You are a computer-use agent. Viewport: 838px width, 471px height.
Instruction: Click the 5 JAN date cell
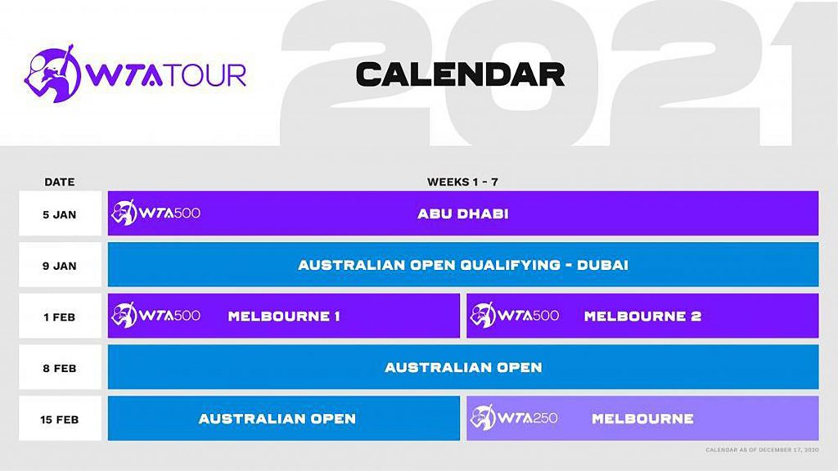coord(60,213)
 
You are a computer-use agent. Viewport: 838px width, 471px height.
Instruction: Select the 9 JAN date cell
coord(60,265)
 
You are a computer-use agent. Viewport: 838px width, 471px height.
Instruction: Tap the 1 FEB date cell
coord(60,316)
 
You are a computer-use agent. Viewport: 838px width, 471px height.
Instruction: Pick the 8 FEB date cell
coord(60,367)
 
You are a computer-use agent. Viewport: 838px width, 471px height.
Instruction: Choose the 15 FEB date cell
coord(60,419)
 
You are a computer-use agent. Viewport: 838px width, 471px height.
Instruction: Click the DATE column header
coord(59,182)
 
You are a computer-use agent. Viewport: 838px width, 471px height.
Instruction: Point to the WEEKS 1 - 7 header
coord(463,182)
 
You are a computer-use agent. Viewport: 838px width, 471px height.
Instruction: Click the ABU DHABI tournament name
coord(463,214)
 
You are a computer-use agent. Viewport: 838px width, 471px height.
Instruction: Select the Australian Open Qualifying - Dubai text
coord(463,266)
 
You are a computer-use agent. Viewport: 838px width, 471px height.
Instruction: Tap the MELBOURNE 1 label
coord(284,316)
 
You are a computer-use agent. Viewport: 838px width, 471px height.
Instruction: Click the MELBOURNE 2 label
coord(642,316)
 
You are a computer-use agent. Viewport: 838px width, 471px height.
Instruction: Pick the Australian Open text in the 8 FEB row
coord(463,368)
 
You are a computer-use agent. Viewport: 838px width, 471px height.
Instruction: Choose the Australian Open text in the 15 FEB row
coord(277,419)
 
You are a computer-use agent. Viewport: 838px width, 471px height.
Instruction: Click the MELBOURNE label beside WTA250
coord(642,419)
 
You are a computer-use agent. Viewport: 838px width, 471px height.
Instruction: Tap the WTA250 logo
coord(514,418)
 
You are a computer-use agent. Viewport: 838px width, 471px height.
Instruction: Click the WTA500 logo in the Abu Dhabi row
coord(155,213)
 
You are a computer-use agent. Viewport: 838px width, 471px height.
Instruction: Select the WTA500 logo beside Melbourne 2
coord(514,315)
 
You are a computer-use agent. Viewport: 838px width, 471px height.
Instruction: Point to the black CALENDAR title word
coord(460,74)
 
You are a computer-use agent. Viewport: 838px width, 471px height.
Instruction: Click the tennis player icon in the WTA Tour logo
coord(52,73)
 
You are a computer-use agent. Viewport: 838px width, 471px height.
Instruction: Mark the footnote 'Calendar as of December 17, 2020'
coord(762,451)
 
